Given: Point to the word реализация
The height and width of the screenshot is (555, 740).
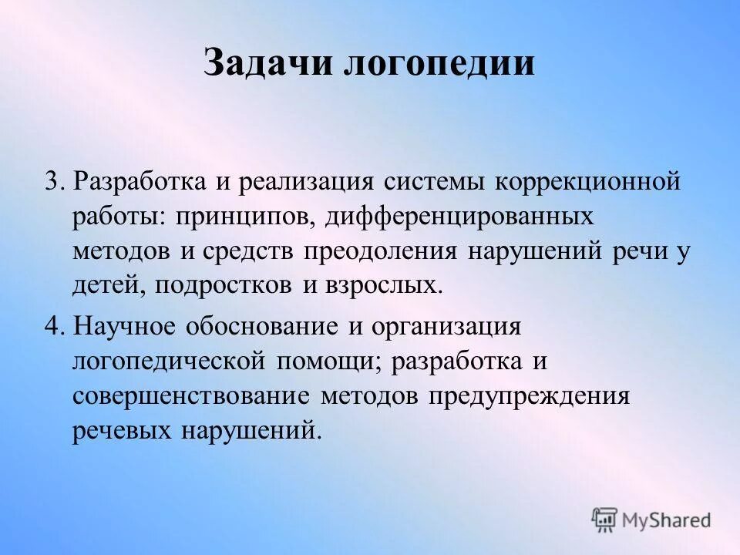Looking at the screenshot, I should pos(306,183).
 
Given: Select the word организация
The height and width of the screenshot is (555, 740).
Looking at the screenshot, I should pos(446,327).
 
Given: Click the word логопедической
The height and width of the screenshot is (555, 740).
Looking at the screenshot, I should pos(170,362).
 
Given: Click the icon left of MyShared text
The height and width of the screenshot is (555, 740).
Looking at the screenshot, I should pos(606,520).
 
